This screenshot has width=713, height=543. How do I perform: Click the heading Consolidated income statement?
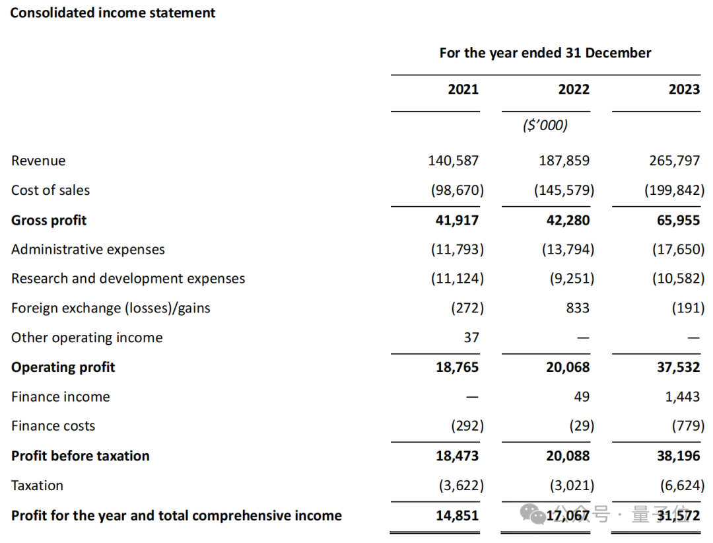click(113, 13)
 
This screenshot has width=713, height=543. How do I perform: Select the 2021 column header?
click(463, 89)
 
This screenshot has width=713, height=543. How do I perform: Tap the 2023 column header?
click(683, 89)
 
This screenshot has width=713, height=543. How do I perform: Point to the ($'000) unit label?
click(545, 126)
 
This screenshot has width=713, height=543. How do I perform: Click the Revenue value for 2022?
click(564, 161)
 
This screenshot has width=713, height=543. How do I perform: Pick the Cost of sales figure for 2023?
click(674, 190)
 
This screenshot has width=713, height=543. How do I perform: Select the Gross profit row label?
click(49, 220)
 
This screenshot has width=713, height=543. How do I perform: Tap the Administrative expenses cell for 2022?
click(564, 250)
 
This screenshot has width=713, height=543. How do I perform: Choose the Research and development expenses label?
click(128, 279)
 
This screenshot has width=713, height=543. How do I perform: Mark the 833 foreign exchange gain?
click(578, 308)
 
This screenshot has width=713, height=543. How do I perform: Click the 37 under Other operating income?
click(471, 338)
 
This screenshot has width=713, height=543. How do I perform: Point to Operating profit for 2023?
click(679, 367)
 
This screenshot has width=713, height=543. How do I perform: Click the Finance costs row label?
click(53, 426)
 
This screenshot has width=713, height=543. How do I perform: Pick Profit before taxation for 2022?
click(568, 456)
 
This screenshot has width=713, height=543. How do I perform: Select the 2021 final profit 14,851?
click(458, 515)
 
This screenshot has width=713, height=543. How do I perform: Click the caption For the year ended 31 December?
click(545, 53)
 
